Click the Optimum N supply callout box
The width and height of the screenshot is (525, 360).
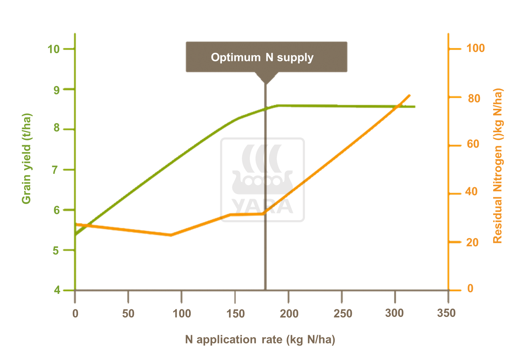(x=266, y=57)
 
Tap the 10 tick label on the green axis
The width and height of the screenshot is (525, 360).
(x=54, y=49)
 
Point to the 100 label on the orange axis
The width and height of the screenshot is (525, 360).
(x=475, y=48)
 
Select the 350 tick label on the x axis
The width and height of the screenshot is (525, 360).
(x=446, y=313)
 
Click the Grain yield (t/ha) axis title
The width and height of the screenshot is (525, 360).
(x=27, y=158)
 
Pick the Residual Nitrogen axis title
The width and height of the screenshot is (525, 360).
(x=498, y=165)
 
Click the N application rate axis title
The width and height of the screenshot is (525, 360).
(x=260, y=339)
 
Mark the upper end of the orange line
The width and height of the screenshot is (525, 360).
(x=409, y=95)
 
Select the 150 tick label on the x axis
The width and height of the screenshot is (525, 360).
(x=236, y=313)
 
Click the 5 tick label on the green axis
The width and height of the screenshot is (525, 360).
(x=56, y=250)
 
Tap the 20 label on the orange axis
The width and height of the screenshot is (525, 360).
(x=472, y=242)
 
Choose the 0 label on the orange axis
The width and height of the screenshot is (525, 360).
(x=470, y=289)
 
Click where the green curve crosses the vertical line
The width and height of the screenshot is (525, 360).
(x=265, y=109)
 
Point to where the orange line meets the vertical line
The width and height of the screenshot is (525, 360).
(x=265, y=213)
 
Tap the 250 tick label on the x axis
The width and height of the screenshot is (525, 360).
(x=343, y=313)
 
